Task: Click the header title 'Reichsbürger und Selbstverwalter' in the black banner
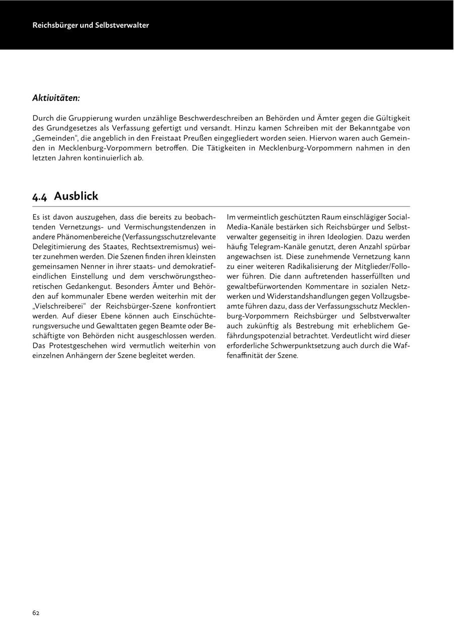click(x=91, y=25)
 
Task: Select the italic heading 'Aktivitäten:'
click(x=56, y=97)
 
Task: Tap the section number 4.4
click(x=40, y=197)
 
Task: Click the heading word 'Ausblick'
click(x=76, y=196)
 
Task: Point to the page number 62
click(x=36, y=613)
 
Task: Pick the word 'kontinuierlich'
click(x=103, y=158)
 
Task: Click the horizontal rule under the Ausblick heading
click(x=221, y=207)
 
